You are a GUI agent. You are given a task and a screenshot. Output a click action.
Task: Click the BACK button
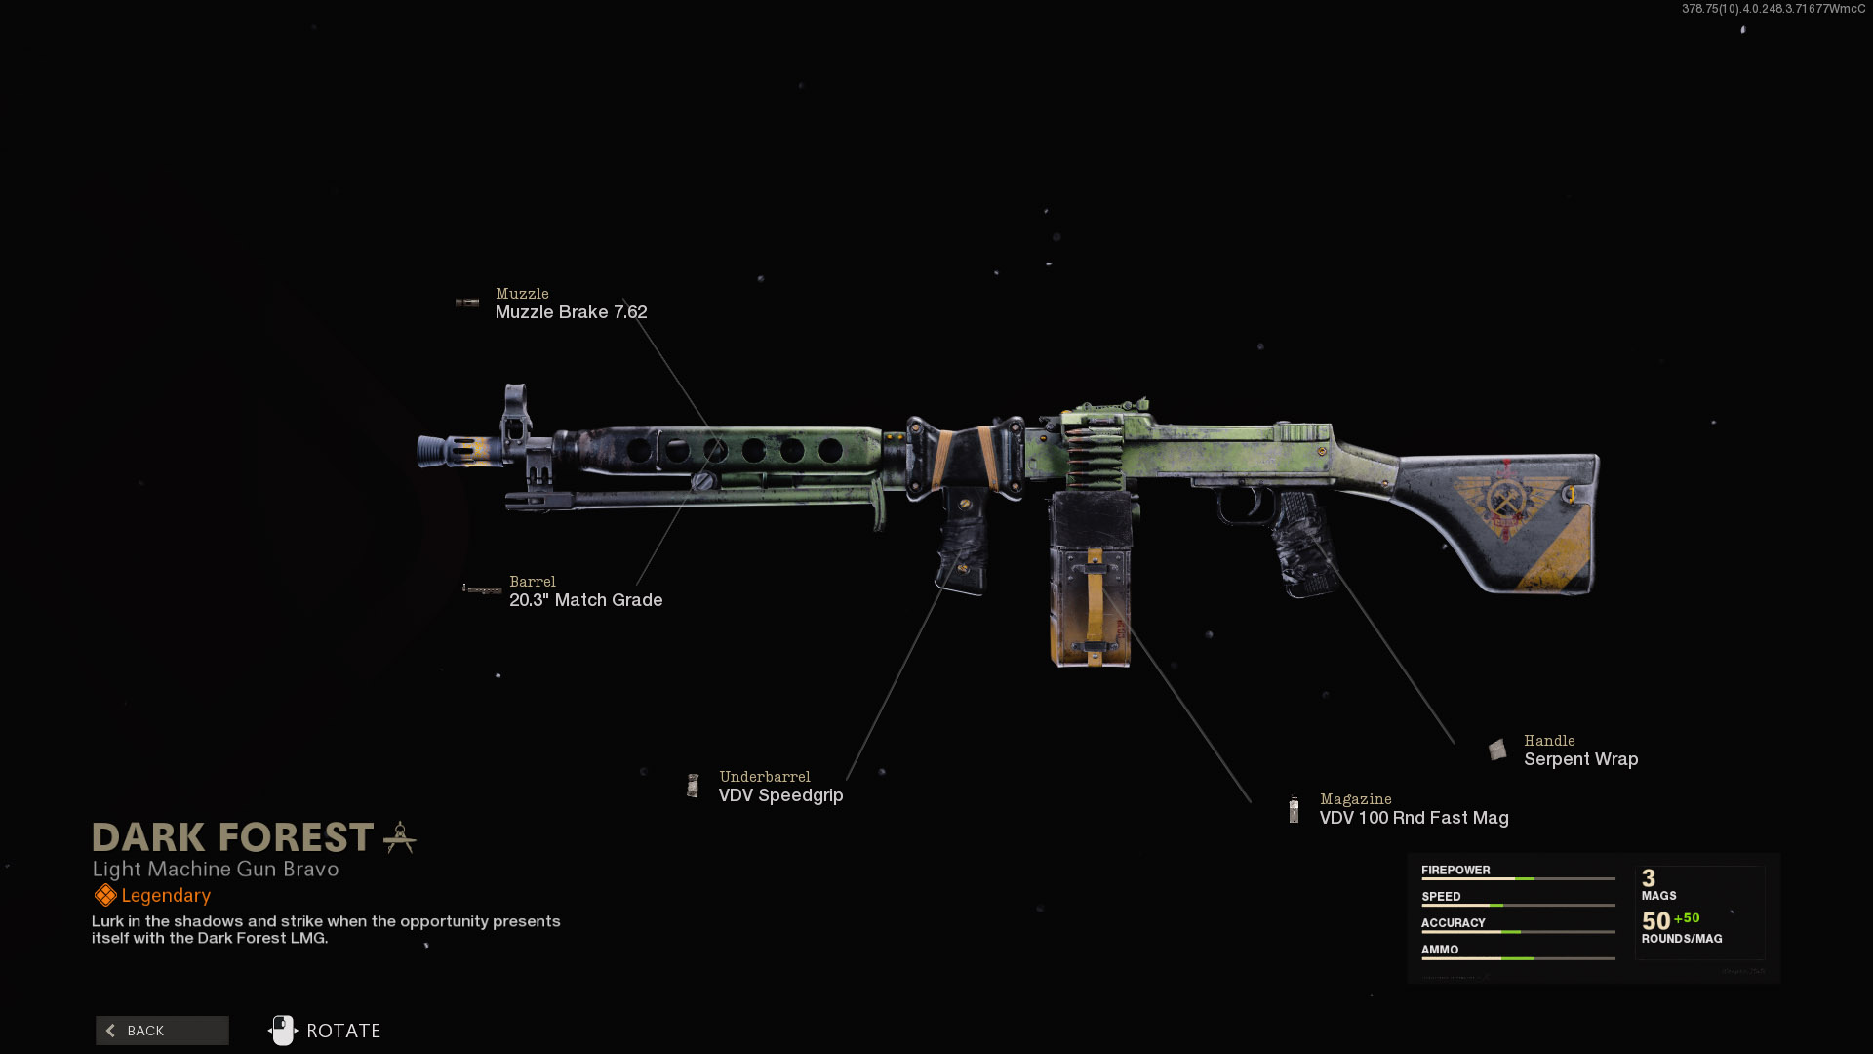coord(162,1031)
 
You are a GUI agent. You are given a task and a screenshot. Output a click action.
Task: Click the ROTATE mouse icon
coord(282,1030)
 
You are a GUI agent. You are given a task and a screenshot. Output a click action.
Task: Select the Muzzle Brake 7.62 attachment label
coord(571,312)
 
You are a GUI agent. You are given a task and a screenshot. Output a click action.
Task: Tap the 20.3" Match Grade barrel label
coord(585,600)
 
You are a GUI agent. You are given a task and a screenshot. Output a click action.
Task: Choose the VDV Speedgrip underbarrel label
coord(780,795)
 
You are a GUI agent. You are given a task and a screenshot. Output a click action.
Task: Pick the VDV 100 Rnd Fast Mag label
coord(1414,818)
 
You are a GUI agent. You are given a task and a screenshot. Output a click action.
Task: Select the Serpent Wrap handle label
coord(1580,759)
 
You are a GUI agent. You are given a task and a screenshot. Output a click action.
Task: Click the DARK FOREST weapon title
coord(232,837)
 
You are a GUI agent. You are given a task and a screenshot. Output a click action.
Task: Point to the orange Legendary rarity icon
coord(104,895)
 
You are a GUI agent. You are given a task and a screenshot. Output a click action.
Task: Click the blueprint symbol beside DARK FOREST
coord(400,837)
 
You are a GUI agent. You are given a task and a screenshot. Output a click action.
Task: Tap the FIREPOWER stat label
coord(1455,870)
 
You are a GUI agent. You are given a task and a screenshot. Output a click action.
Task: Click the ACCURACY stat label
coord(1453,922)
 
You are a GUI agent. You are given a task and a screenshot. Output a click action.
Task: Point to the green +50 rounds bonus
coord(1687,918)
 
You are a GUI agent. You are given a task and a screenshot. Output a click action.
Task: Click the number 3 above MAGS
coord(1649,878)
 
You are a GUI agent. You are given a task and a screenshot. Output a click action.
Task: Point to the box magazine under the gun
coord(1091,580)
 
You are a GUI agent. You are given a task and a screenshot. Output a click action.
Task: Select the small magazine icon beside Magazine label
coord(1294,809)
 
